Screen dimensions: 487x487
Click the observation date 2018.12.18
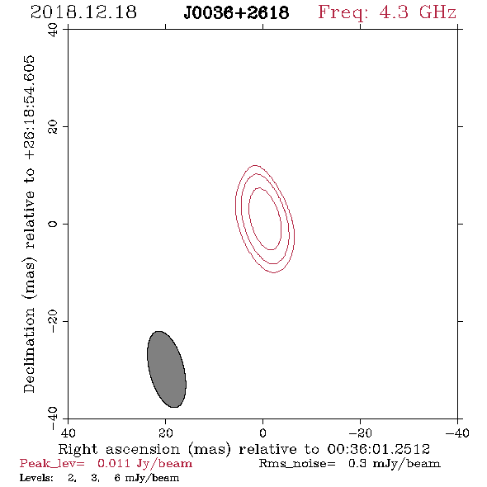pyautogui.click(x=83, y=12)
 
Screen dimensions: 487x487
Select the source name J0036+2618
pyautogui.click(x=236, y=13)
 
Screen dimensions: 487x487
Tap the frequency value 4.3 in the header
pyautogui.click(x=394, y=12)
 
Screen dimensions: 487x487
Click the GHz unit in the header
pyautogui.click(x=437, y=12)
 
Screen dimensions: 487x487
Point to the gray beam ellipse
pyautogui.click(x=167, y=369)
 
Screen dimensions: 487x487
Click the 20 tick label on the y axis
pyautogui.click(x=53, y=127)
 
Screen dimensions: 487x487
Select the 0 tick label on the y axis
pyautogui.click(x=53, y=224)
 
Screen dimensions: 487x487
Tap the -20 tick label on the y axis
pyautogui.click(x=53, y=321)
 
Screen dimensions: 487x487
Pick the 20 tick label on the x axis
pyautogui.click(x=166, y=433)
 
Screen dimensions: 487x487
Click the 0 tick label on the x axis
pyautogui.click(x=262, y=433)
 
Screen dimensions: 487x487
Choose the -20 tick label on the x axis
pyautogui.click(x=360, y=433)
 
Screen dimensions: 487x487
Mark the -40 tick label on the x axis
pyautogui.click(x=457, y=433)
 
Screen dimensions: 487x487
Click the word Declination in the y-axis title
pyautogui.click(x=29, y=350)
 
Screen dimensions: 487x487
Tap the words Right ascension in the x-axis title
pyautogui.click(x=119, y=449)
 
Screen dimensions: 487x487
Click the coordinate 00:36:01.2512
pyautogui.click(x=378, y=449)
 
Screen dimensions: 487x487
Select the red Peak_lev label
pyautogui.click(x=51, y=464)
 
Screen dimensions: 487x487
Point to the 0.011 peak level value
pyautogui.click(x=113, y=463)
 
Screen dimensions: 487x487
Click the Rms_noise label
pyautogui.click(x=297, y=464)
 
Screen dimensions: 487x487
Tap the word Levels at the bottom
pyautogui.click(x=36, y=477)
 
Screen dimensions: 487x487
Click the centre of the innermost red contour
pyautogui.click(x=265, y=219)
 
